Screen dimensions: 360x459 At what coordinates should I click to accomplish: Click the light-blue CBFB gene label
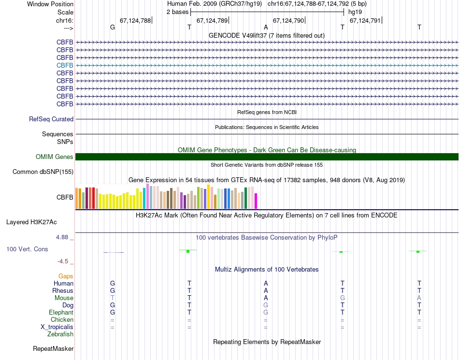[x=65, y=65]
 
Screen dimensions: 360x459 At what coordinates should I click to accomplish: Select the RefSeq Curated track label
[x=51, y=119]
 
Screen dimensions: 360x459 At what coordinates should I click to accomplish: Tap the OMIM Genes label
[x=55, y=157]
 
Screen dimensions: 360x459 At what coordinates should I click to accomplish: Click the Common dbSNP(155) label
[x=43, y=172]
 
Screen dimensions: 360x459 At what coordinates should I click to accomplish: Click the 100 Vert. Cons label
[x=27, y=249]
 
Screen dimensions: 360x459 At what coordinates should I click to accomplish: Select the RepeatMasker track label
[x=53, y=348]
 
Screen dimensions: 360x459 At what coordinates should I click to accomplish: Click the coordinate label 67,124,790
[x=288, y=20]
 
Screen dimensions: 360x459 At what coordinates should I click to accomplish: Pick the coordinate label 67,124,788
[x=135, y=20]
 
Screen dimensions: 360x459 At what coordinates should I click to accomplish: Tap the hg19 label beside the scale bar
[x=355, y=12]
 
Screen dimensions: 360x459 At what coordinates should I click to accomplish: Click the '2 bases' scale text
[x=177, y=12]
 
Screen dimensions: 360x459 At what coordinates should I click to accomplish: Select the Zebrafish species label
[x=60, y=334]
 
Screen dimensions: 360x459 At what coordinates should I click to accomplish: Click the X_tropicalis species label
[x=57, y=327]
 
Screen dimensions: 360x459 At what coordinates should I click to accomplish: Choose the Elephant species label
[x=60, y=313]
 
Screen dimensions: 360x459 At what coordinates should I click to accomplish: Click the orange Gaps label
[x=66, y=276]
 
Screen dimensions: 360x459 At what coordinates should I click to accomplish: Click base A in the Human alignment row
[x=266, y=283]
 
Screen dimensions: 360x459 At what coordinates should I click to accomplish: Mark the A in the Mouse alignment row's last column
[x=419, y=298]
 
